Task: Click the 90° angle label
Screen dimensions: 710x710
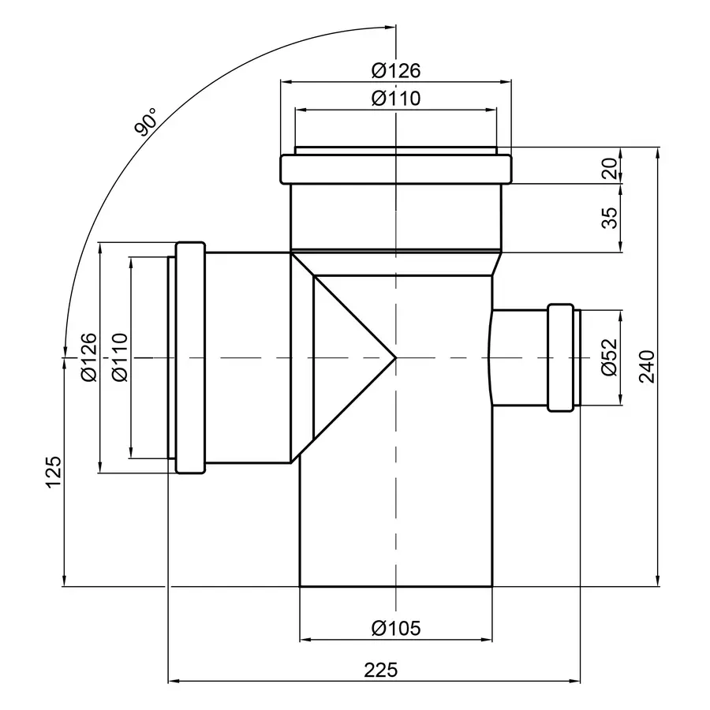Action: click(x=146, y=123)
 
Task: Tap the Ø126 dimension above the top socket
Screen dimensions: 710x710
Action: click(x=395, y=70)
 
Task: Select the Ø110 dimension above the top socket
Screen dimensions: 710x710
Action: click(x=395, y=99)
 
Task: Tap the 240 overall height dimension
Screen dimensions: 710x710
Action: click(x=647, y=366)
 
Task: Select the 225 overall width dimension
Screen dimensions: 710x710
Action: click(x=380, y=670)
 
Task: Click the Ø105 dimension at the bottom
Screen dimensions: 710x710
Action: click(x=395, y=628)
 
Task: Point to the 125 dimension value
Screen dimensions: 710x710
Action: click(x=52, y=472)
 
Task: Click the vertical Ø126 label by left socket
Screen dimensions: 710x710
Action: click(x=88, y=357)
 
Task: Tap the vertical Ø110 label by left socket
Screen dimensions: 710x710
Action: click(x=119, y=357)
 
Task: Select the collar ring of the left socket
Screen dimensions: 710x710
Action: click(x=189, y=357)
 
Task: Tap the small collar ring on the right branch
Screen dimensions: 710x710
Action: click(x=559, y=357)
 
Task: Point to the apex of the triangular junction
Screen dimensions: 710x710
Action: click(x=394, y=358)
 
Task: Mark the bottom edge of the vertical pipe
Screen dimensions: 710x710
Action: click(x=395, y=587)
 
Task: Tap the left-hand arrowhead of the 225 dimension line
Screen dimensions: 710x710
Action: click(x=174, y=680)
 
